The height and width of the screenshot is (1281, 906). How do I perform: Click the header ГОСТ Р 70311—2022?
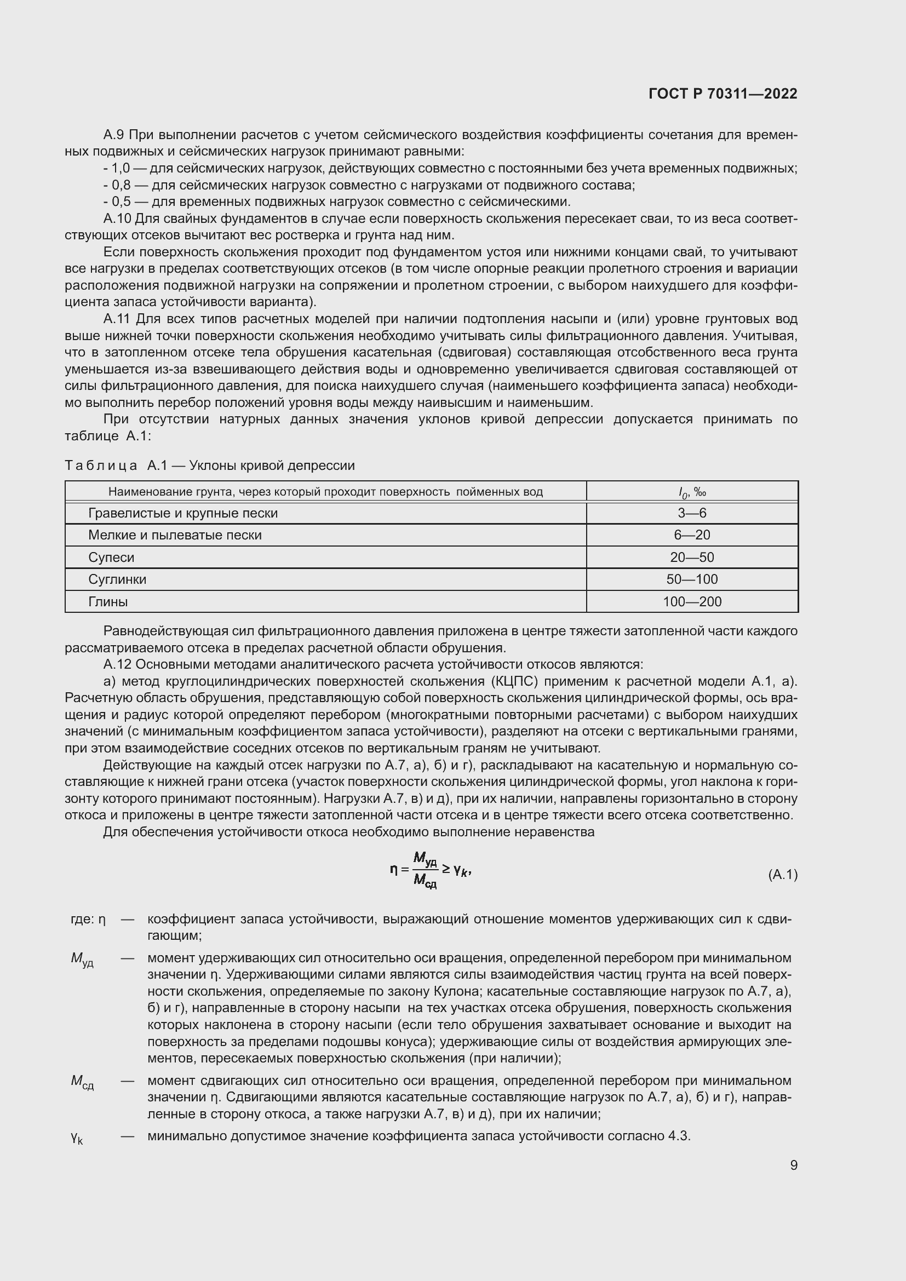pyautogui.click(x=723, y=94)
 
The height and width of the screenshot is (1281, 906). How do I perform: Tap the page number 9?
pyautogui.click(x=793, y=1165)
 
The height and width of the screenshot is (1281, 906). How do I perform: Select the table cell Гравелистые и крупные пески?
pyautogui.click(x=182, y=513)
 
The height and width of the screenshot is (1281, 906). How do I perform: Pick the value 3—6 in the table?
pyautogui.click(x=692, y=513)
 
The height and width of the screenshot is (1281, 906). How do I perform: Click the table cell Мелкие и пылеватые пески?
pyautogui.click(x=175, y=535)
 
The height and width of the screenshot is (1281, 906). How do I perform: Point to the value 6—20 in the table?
pyautogui.click(x=692, y=535)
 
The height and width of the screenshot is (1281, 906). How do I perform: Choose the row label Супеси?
pyautogui.click(x=111, y=558)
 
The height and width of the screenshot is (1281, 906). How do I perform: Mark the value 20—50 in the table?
pyautogui.click(x=692, y=558)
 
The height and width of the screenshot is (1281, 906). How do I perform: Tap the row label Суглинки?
pyautogui.click(x=117, y=579)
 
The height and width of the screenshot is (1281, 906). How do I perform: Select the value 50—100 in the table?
pyautogui.click(x=692, y=579)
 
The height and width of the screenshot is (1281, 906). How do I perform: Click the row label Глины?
pyautogui.click(x=108, y=601)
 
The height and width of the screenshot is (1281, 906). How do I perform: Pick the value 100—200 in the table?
pyautogui.click(x=692, y=601)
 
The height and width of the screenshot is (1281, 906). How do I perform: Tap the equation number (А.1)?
pyautogui.click(x=783, y=875)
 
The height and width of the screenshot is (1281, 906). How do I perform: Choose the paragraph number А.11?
pyautogui.click(x=117, y=319)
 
